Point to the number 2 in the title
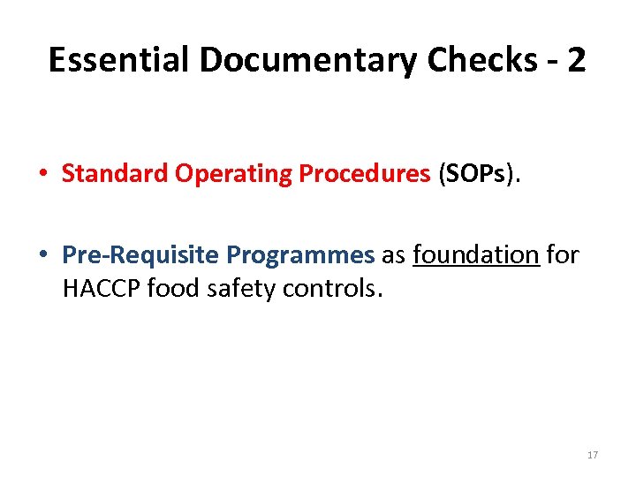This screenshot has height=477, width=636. pyautogui.click(x=575, y=60)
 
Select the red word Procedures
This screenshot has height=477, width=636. pyautogui.click(x=364, y=174)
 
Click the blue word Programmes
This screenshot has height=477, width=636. pyautogui.click(x=300, y=255)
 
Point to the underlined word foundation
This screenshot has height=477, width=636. pyautogui.click(x=475, y=255)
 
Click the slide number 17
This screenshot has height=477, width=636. pyautogui.click(x=592, y=455)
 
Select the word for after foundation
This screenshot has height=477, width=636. pyautogui.click(x=563, y=255)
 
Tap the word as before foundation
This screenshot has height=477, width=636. pyautogui.click(x=393, y=255)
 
